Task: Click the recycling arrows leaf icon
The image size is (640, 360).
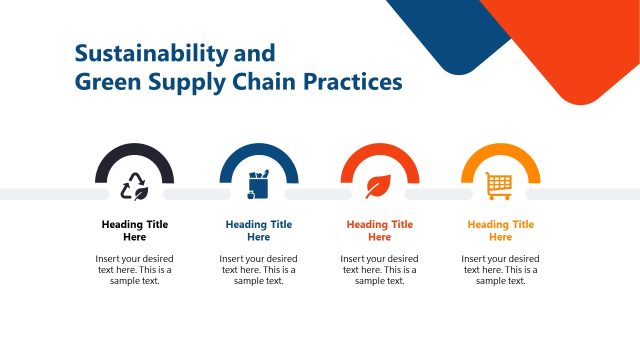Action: point(134,186)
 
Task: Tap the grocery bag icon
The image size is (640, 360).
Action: point(258,186)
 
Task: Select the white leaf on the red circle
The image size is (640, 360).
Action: point(379,186)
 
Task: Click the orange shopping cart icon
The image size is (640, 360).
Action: point(499,185)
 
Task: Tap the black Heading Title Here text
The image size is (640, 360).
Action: point(135,231)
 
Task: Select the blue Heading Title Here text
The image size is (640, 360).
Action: point(258,231)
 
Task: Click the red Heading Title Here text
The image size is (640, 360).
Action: point(379,231)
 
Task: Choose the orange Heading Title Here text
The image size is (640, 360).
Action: point(500,231)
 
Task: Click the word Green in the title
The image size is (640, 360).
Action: point(105,81)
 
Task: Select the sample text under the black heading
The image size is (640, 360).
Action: point(135,270)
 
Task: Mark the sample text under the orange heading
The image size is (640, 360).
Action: point(500,270)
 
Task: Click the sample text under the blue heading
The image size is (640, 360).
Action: point(258,270)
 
